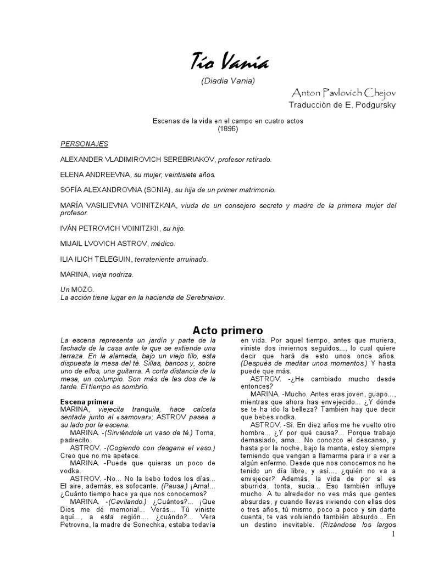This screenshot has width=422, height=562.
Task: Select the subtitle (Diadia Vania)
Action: pos(228,81)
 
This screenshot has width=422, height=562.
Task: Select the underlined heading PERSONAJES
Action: pos(84,144)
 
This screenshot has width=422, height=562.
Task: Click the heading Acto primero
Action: pos(227,330)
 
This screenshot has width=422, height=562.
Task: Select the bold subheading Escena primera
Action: pos(87,402)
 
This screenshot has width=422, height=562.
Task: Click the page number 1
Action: pos(394,535)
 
